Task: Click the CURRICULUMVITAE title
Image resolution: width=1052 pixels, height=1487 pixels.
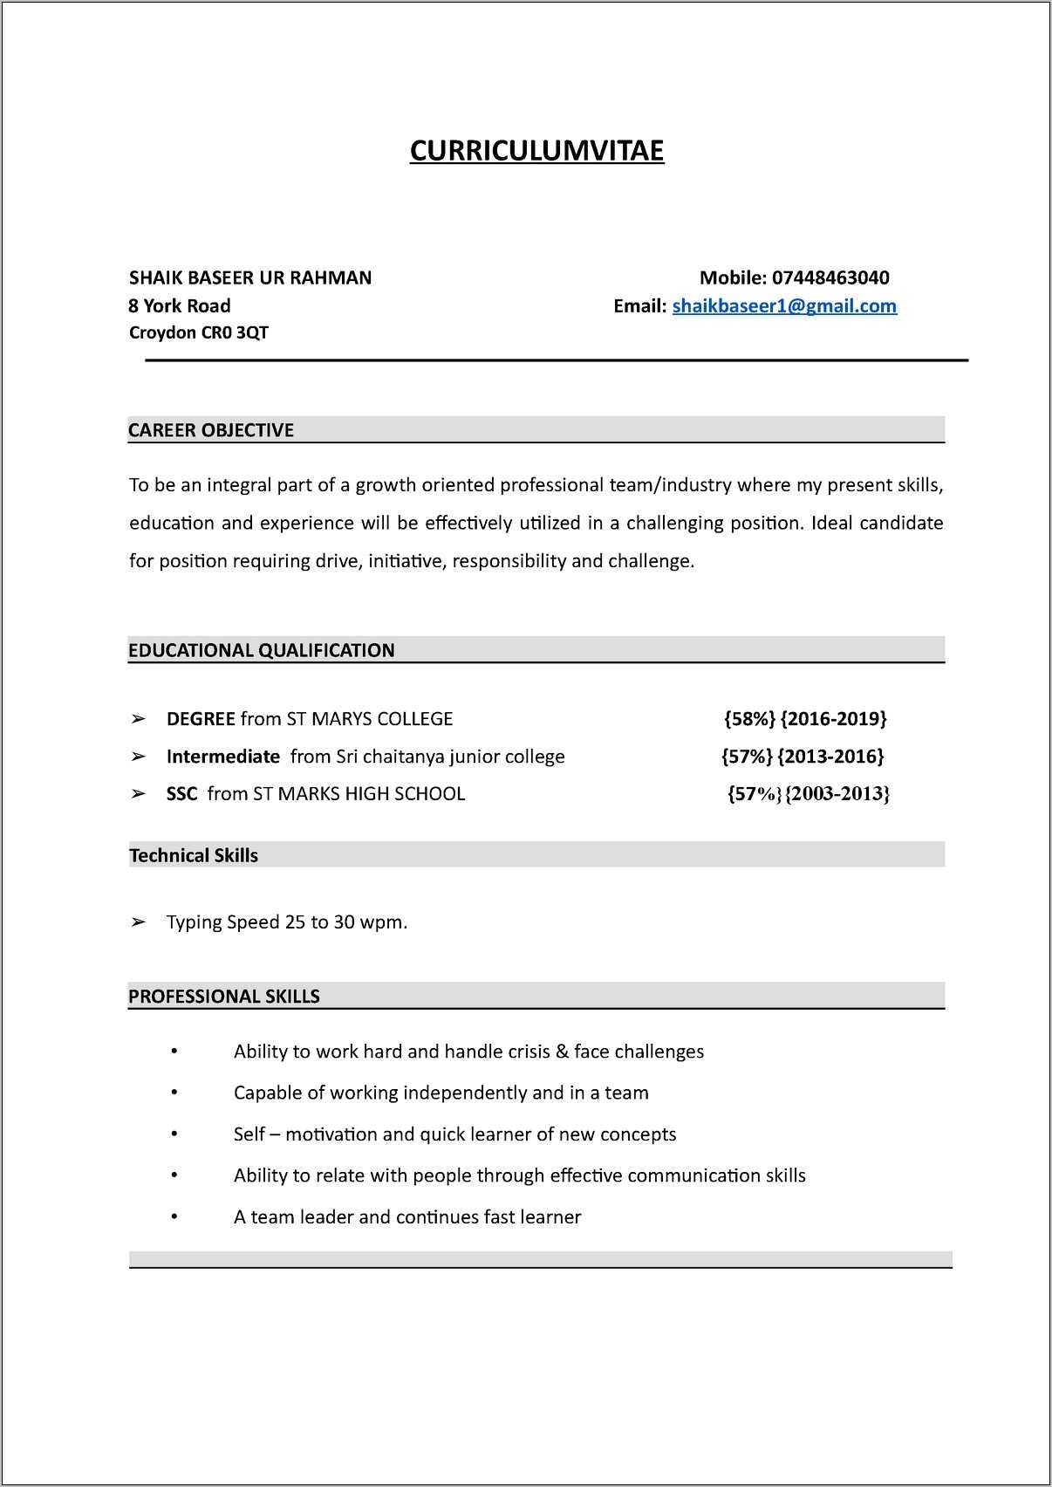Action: pyautogui.click(x=536, y=151)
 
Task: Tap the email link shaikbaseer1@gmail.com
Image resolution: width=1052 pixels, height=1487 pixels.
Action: pyautogui.click(x=784, y=306)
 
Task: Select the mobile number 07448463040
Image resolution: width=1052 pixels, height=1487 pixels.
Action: pyautogui.click(x=830, y=278)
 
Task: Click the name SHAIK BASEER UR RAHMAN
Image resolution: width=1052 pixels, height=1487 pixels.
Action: pyautogui.click(x=250, y=278)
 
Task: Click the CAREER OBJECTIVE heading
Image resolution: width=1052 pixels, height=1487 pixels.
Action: pyautogui.click(x=211, y=430)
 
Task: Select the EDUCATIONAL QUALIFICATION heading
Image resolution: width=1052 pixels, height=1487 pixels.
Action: pyautogui.click(x=262, y=650)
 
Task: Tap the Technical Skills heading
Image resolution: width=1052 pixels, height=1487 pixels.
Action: pyautogui.click(x=194, y=855)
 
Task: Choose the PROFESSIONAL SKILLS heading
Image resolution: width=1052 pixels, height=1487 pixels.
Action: pyautogui.click(x=224, y=997)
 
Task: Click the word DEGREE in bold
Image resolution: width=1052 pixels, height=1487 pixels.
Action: pyautogui.click(x=201, y=719)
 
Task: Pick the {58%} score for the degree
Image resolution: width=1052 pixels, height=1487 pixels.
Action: pyautogui.click(x=749, y=719)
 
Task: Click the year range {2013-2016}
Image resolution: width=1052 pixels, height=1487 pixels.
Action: pyautogui.click(x=830, y=757)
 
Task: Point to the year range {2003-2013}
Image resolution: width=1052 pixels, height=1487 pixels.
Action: pyautogui.click(x=837, y=794)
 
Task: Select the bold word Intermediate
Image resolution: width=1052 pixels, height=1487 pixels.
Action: pyautogui.click(x=223, y=757)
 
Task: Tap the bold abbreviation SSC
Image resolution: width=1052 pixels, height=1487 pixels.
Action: pyautogui.click(x=181, y=794)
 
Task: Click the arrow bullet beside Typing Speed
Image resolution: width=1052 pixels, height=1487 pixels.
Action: pyautogui.click(x=138, y=922)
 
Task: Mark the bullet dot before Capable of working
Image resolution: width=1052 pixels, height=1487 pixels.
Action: pyautogui.click(x=174, y=1093)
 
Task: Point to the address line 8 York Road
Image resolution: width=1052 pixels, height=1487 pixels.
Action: pyautogui.click(x=180, y=306)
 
